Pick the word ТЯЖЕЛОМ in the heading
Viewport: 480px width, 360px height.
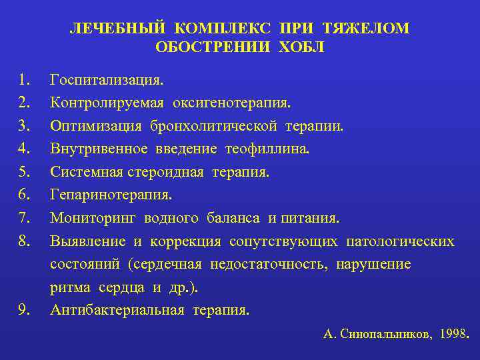click(366, 29)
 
